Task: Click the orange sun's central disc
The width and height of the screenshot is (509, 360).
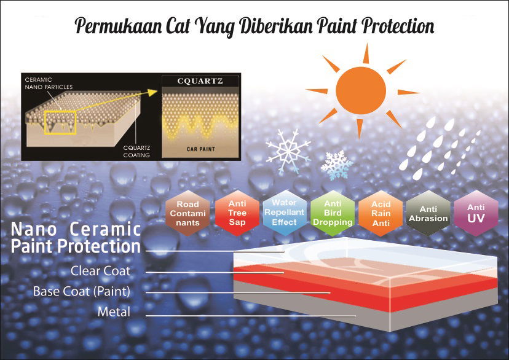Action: pos(361,90)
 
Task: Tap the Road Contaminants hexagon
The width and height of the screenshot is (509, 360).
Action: pos(187,213)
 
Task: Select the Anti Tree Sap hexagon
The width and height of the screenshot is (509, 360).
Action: pos(237,213)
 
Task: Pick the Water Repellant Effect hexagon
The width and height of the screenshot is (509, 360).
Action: pos(285,213)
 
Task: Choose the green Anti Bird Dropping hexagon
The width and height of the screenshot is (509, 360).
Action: pos(333,213)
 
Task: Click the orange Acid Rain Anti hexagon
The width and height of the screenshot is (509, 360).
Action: pos(381,213)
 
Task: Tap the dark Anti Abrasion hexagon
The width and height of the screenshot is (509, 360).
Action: pos(428,213)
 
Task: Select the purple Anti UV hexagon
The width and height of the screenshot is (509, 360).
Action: pos(476,213)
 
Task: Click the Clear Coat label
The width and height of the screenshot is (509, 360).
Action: pos(101,271)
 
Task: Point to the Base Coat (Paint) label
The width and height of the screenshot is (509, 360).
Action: pos(82,291)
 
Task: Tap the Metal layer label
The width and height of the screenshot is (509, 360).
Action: pos(114,312)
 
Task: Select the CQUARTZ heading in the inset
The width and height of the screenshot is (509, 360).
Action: pos(200,81)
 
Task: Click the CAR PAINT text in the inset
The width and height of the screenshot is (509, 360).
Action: pos(200,149)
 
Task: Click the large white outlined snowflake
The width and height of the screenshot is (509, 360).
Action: pos(288,151)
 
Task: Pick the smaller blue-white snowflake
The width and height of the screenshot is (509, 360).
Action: pos(337,165)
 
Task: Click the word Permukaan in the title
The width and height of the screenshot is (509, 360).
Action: pos(119,26)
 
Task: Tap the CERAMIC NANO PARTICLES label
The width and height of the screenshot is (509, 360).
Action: pos(49,84)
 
